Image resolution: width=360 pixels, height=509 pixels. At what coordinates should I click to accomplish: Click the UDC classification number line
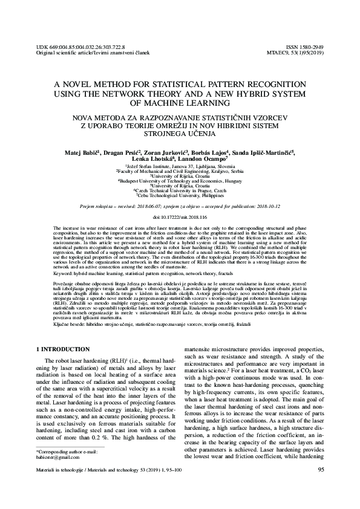73,46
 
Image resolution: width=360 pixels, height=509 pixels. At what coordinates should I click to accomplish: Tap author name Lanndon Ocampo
201,161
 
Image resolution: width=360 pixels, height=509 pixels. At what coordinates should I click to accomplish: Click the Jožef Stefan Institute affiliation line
180,166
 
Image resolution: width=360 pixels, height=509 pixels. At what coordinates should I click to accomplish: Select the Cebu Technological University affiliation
180,196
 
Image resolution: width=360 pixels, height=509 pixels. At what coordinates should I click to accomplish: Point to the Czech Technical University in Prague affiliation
180,191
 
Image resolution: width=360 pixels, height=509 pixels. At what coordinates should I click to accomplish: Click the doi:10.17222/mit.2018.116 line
180,216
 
